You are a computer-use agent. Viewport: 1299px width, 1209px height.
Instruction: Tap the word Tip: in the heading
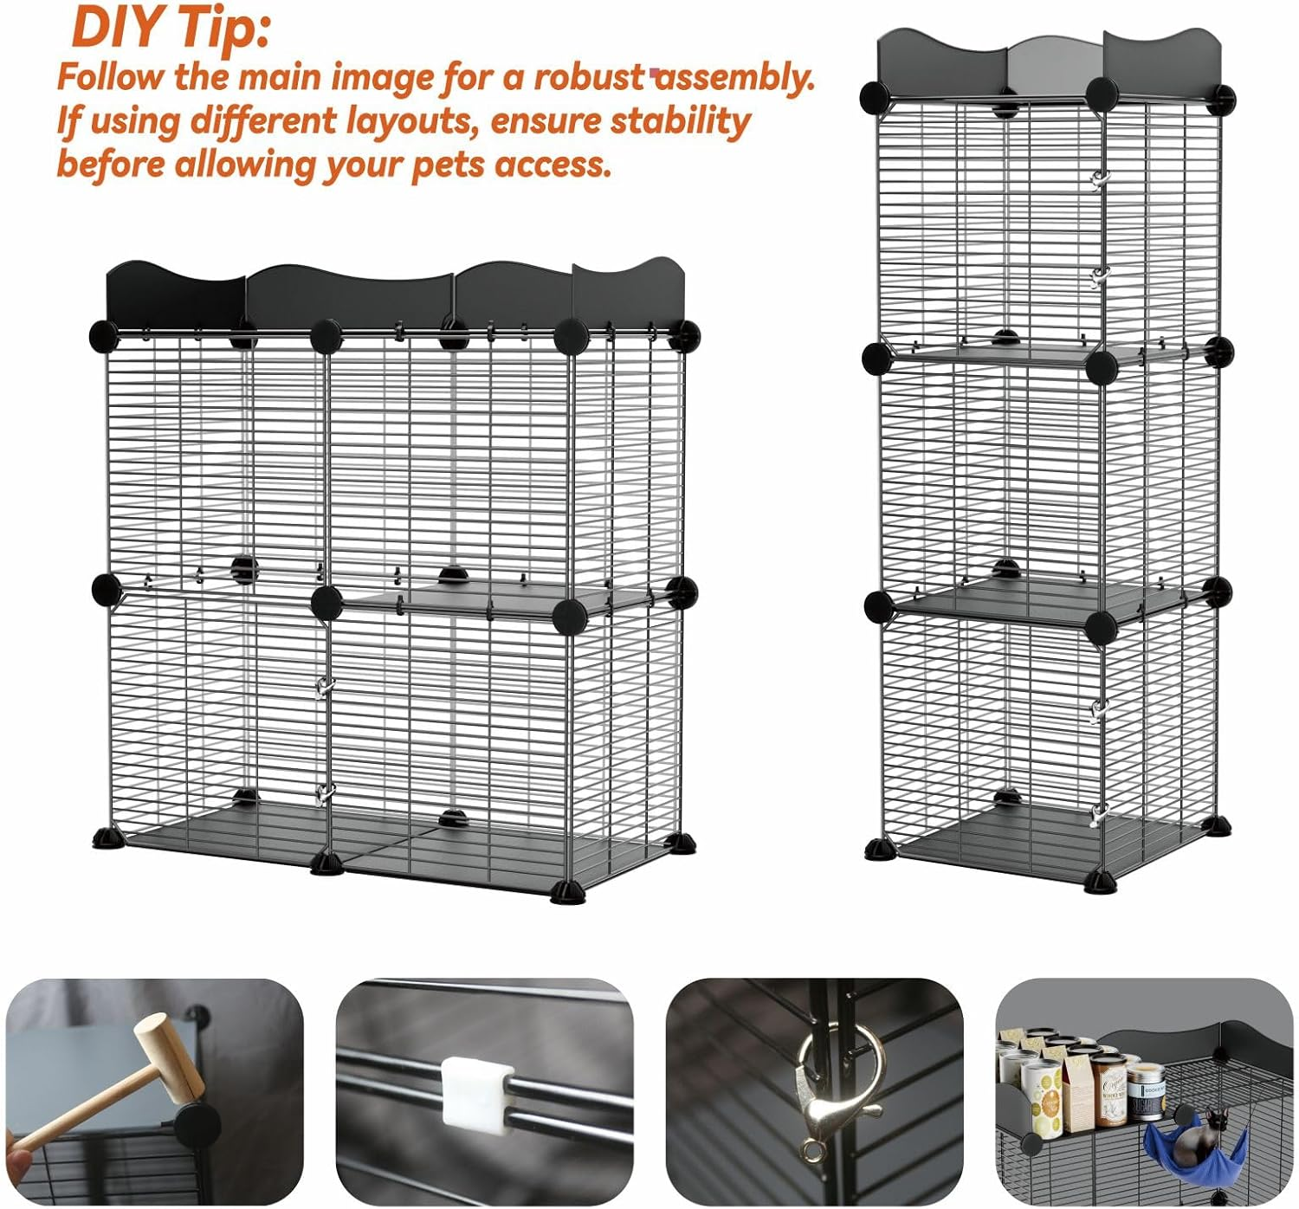pos(223,28)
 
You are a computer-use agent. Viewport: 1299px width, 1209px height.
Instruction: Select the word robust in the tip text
pos(589,77)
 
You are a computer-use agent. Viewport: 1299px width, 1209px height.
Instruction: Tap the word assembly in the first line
pos(736,77)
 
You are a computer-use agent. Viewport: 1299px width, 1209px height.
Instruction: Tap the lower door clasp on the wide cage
pos(322,792)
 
